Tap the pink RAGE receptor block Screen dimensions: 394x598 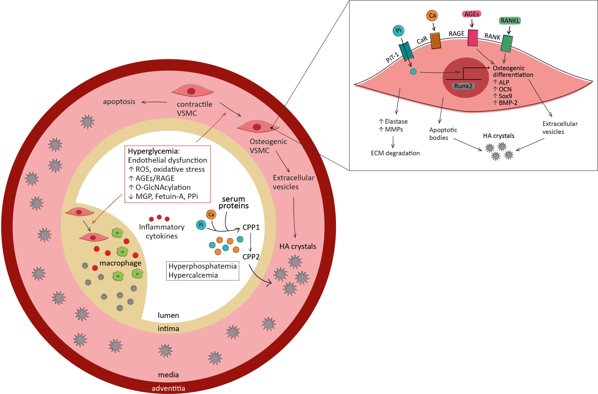pyautogui.click(x=473, y=38)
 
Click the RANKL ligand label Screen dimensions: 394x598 pyautogui.click(x=510, y=21)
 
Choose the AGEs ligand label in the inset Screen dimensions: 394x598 pyautogui.click(x=472, y=14)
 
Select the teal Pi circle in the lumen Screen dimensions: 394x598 pyautogui.click(x=201, y=225)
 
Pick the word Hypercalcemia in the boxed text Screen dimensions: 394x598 pyautogui.click(x=193, y=275)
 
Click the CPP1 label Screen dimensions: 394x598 pyautogui.click(x=251, y=227)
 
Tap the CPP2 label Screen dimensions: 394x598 pyautogui.click(x=251, y=257)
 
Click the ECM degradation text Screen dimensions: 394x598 pyautogui.click(x=395, y=153)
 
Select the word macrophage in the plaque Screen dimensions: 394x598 pyautogui.click(x=121, y=263)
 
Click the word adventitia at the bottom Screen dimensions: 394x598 pyautogui.click(x=168, y=388)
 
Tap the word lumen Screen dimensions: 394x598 pyautogui.click(x=168, y=315)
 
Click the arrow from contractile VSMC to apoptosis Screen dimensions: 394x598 pyautogui.click(x=154, y=102)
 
